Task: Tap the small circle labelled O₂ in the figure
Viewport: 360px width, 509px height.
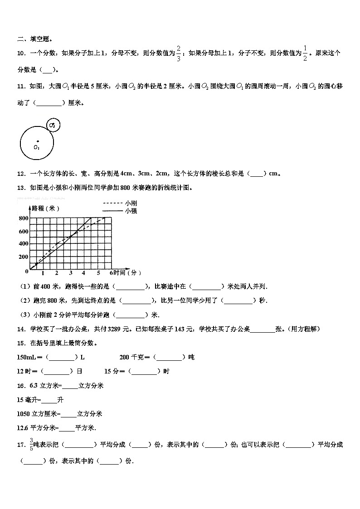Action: pyautogui.click(x=54, y=125)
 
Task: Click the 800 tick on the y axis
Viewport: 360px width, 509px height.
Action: pyautogui.click(x=23, y=218)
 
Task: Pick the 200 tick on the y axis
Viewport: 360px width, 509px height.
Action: pyautogui.click(x=23, y=257)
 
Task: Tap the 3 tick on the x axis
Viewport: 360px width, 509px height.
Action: pyautogui.click(x=70, y=273)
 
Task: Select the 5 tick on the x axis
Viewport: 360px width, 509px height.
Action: pyautogui.click(x=98, y=273)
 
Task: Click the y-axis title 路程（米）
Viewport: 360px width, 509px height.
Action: pyautogui.click(x=46, y=208)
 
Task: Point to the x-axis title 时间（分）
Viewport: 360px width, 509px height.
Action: pyautogui.click(x=127, y=273)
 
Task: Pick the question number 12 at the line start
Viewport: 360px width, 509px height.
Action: pyautogui.click(x=21, y=173)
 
